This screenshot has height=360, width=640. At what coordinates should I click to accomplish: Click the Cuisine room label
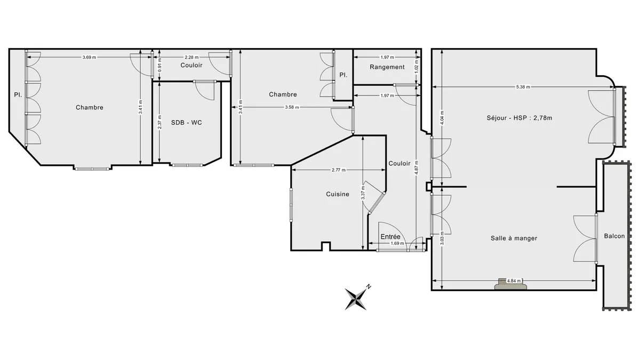tap(338, 194)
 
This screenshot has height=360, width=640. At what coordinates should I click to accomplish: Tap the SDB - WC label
tap(186, 123)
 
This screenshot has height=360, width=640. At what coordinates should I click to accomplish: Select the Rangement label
tap(387, 67)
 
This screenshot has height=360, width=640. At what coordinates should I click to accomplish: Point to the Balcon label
tap(614, 236)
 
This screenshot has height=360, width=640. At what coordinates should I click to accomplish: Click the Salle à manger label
tap(514, 238)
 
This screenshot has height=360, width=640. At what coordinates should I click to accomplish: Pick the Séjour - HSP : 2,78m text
tap(519, 118)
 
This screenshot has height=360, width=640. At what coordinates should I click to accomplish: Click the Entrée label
tap(390, 237)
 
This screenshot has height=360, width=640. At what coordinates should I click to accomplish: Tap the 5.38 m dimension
tap(523, 87)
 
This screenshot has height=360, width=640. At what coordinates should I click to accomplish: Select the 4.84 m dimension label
tap(514, 281)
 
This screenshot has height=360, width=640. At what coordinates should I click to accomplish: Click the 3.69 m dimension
tap(89, 57)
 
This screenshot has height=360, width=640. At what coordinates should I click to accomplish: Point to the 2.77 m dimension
tap(338, 170)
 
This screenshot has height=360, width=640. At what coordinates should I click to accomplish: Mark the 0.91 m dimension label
tap(159, 65)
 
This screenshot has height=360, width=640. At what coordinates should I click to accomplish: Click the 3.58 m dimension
tap(292, 107)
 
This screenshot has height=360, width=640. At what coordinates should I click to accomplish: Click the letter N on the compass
tap(369, 286)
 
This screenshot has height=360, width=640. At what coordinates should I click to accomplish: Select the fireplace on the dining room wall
tap(510, 284)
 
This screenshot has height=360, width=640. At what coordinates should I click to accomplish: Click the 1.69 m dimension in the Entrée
tap(397, 243)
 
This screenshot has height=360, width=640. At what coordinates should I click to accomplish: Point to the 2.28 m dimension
tap(191, 57)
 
